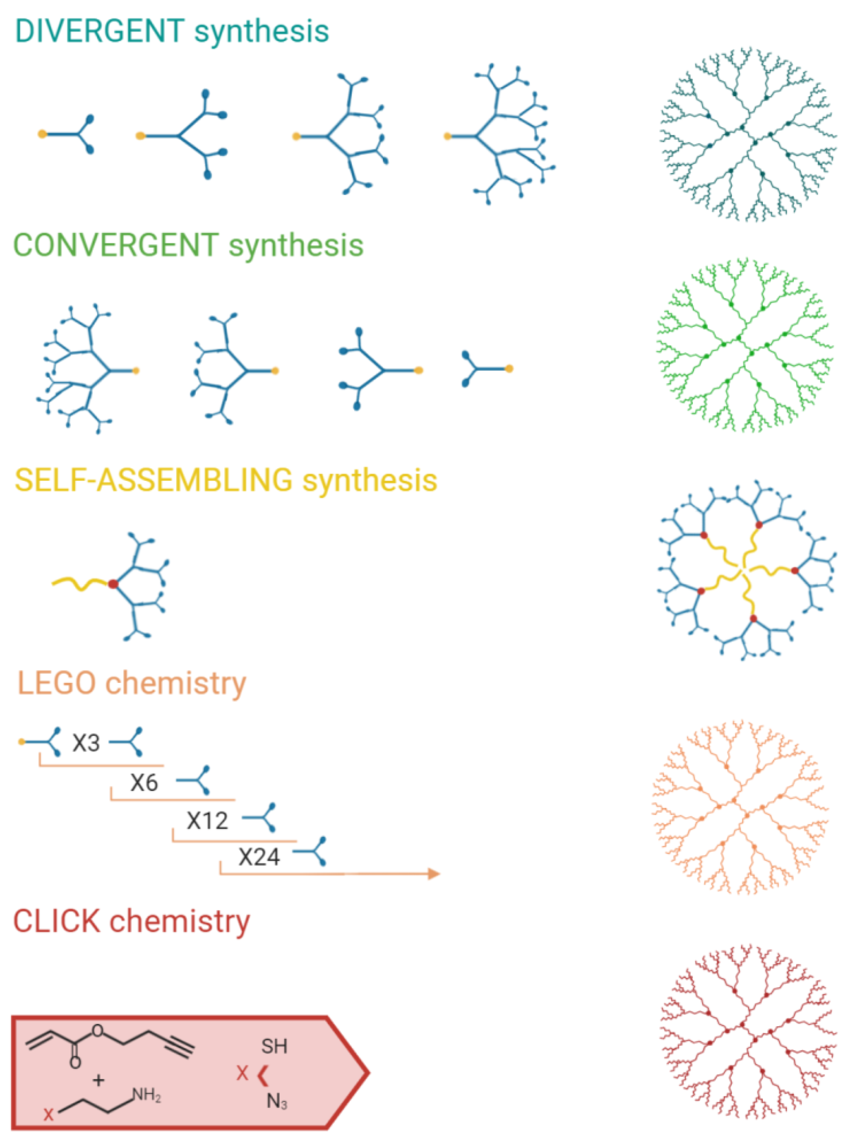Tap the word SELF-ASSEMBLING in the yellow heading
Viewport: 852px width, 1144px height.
point(153,480)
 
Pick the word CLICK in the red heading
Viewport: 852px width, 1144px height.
point(56,921)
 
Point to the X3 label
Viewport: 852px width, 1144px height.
point(86,743)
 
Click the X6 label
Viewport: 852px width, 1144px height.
point(143,783)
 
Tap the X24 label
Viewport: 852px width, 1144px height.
point(259,857)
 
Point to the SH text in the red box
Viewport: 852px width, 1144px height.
point(274,1046)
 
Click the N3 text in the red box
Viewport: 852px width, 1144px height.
point(277,1102)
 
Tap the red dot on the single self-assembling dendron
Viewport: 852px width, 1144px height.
point(113,584)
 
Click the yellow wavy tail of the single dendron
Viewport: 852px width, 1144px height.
point(80,585)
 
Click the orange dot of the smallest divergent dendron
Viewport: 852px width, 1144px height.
point(42,134)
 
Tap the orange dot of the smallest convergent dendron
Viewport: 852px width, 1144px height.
point(509,368)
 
